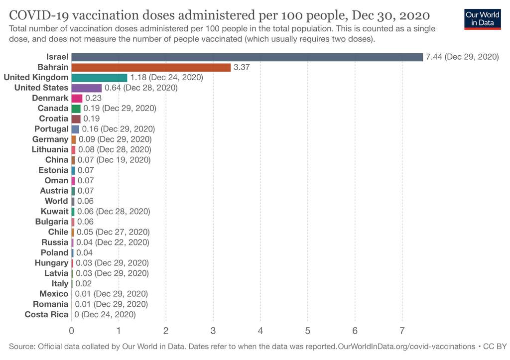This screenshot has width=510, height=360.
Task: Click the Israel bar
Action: [247, 57]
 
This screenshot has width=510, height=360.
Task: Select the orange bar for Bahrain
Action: [151, 67]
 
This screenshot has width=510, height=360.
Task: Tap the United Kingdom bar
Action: [99, 77]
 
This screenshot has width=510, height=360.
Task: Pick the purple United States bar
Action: [86, 88]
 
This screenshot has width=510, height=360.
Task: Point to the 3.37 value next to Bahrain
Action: [242, 67]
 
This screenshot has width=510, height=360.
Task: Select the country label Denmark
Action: [50, 98]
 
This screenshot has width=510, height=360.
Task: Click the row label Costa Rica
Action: [46, 314]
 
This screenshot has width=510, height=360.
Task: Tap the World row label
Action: [56, 201]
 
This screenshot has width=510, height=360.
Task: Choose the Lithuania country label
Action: [50, 149]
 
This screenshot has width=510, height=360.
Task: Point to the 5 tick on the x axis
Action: [307, 331]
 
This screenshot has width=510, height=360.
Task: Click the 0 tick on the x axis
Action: [72, 331]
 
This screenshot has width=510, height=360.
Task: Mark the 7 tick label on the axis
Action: [402, 331]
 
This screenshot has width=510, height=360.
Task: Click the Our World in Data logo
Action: [482, 18]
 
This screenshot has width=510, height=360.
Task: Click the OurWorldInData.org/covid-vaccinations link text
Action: [406, 346]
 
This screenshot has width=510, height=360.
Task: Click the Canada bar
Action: [76, 108]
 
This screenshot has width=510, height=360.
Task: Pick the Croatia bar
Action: [76, 119]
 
